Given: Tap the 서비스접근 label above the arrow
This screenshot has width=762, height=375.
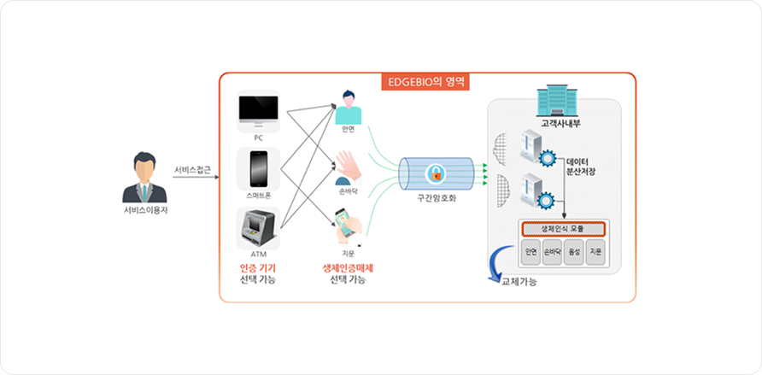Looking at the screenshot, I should point(192,168).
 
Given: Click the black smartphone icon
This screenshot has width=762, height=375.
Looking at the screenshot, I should point(258,169).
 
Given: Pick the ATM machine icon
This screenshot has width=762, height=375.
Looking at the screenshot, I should point(258,226).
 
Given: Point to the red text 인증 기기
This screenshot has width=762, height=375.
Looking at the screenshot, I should point(257,267).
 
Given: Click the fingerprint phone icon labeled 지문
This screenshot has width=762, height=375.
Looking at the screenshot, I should point(348,224).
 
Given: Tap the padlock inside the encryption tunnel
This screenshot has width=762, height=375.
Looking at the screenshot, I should point(436,174).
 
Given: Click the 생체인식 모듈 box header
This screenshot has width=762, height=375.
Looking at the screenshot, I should point(563,229).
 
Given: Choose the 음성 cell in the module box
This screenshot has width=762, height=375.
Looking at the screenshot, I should point(575,252).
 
